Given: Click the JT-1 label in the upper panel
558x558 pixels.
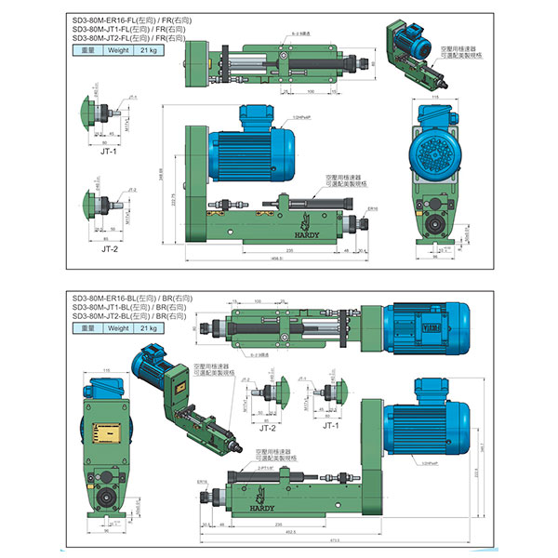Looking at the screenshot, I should pyautogui.click(x=109, y=150).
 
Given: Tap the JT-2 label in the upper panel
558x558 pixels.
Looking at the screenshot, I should pyautogui.click(x=109, y=249).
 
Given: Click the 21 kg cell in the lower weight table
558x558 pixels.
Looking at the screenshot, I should pyautogui.click(x=146, y=327).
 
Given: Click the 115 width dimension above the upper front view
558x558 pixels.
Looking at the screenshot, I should pyautogui.click(x=435, y=97).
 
